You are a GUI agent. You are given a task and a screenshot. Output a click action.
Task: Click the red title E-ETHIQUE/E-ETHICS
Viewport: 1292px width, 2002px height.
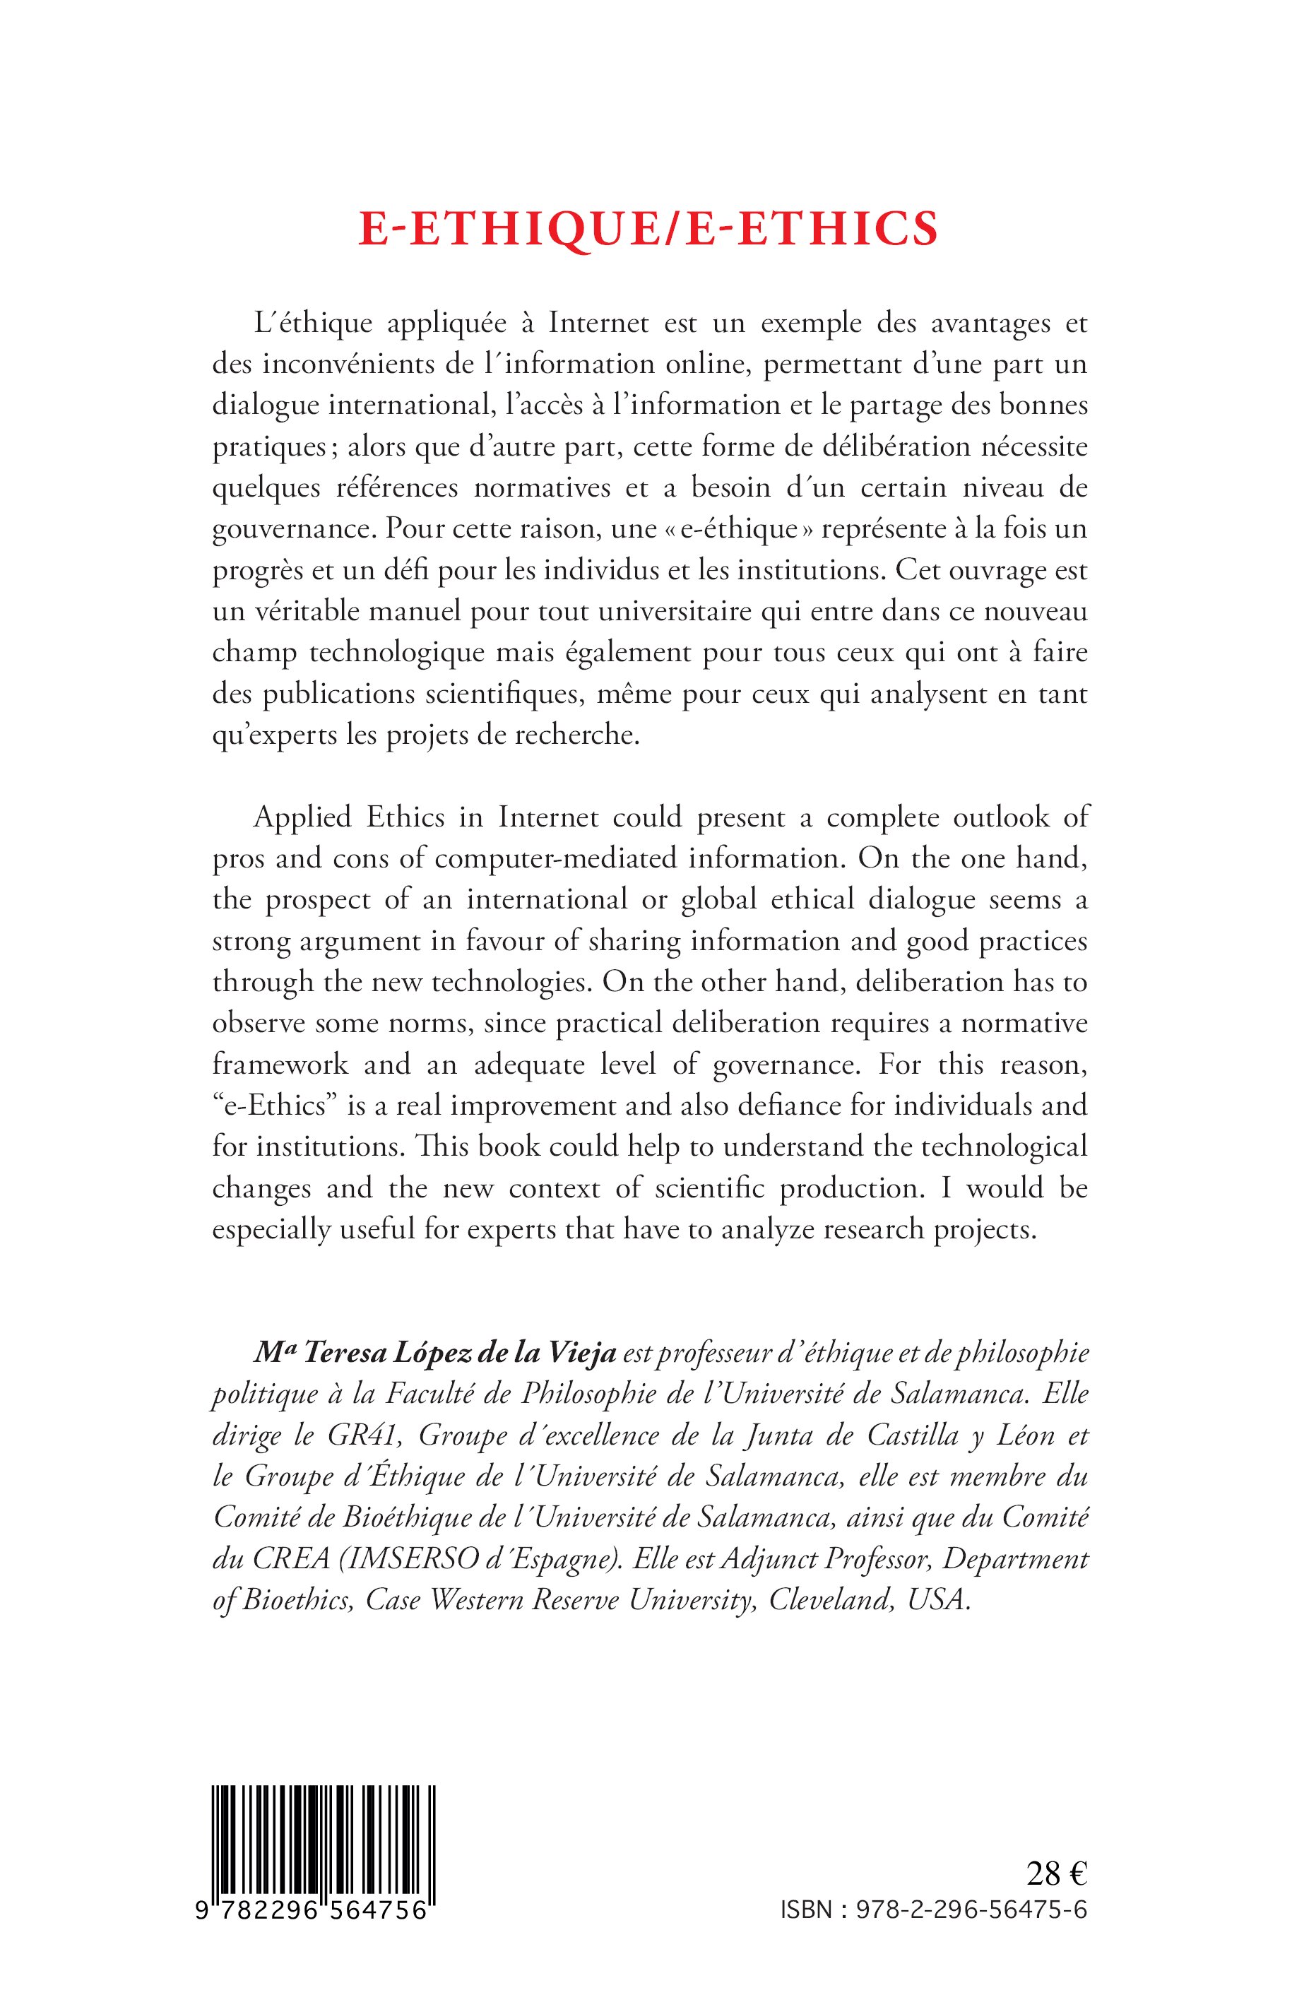(648, 229)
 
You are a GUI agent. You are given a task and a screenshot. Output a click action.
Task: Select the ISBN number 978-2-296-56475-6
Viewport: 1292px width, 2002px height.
(971, 1908)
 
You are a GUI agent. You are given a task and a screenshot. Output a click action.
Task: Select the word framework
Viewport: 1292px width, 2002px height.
(280, 1064)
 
